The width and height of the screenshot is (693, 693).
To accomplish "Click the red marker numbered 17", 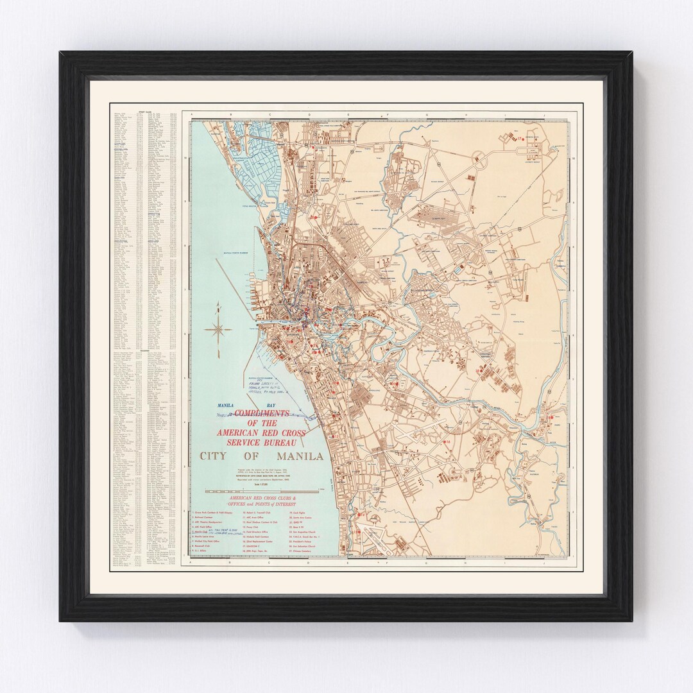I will click(522, 138).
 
